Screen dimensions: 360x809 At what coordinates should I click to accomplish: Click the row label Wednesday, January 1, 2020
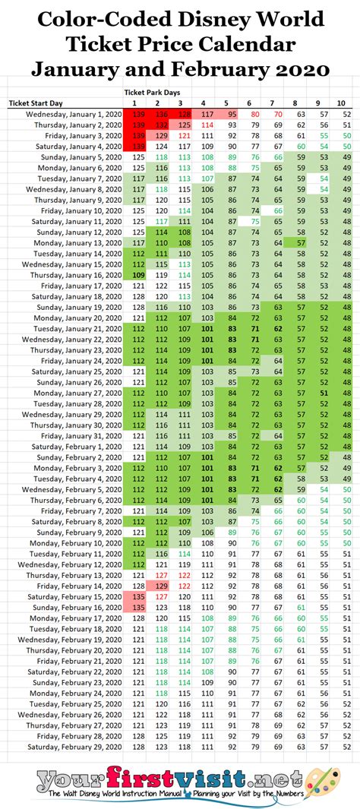click(x=68, y=113)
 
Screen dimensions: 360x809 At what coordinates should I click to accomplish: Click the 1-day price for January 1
click(x=138, y=113)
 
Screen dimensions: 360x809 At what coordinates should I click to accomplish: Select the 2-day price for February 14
click(x=161, y=587)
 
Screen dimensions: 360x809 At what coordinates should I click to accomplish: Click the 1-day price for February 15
click(x=138, y=598)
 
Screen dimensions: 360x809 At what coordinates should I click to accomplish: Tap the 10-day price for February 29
click(x=346, y=747)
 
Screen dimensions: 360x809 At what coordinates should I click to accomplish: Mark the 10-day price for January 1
click(x=346, y=113)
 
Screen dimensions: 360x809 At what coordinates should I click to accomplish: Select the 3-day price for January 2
click(x=184, y=124)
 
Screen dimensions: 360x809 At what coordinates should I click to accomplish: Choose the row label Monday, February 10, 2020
click(x=73, y=544)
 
